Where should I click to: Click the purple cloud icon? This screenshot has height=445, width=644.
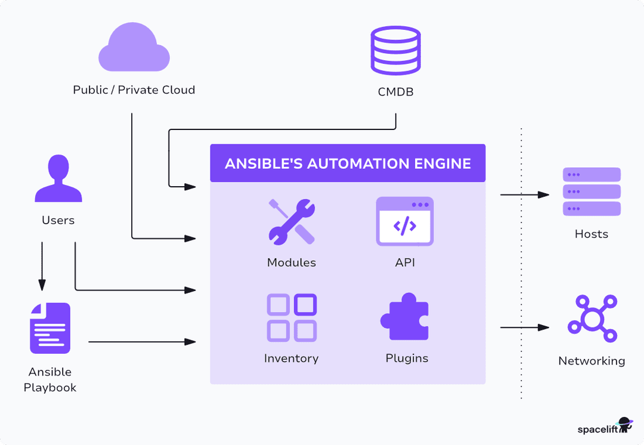point(134,50)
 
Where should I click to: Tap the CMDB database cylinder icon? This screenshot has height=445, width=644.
point(395,51)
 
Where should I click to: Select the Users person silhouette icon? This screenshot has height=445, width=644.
point(58,178)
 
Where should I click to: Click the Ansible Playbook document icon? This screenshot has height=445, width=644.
point(50,327)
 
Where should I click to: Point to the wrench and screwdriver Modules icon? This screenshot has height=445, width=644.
point(292,221)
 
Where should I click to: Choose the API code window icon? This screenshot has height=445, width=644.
point(404,221)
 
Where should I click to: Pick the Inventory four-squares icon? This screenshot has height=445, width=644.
point(292,317)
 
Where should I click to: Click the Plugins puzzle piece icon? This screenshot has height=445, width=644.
point(405,317)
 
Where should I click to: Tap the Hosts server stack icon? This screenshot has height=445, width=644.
point(592,191)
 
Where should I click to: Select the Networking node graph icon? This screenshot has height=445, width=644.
point(592,319)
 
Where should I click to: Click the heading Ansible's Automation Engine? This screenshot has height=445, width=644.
point(348,163)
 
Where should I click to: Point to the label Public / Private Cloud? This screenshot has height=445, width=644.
point(134,90)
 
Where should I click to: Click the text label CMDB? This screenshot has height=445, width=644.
point(395,92)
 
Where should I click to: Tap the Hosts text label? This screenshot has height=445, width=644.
point(592,234)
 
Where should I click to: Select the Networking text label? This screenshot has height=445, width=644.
point(592,361)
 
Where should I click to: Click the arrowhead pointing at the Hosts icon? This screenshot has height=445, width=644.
point(543,194)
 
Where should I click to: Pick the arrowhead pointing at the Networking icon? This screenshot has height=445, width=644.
point(543,327)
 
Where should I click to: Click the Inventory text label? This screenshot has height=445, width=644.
point(291,359)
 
